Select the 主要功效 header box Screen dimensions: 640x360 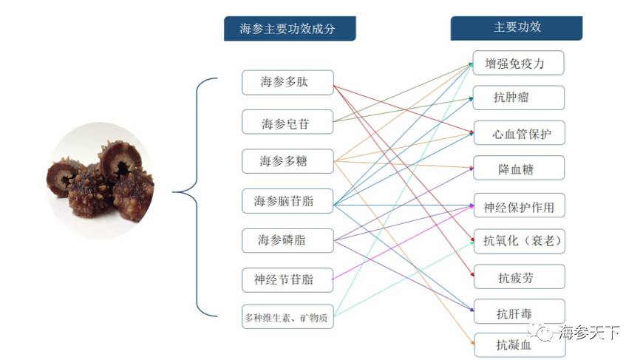pyautogui.click(x=517, y=28)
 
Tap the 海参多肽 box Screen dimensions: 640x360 pyautogui.click(x=287, y=82)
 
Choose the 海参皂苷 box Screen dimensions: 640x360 pyautogui.click(x=287, y=123)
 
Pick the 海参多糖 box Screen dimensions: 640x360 pyautogui.click(x=287, y=160)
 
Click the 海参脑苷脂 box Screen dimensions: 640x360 pyautogui.click(x=287, y=201)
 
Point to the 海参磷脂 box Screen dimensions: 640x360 pyautogui.click(x=287, y=240)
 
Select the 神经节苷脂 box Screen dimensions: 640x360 pyautogui.click(x=287, y=279)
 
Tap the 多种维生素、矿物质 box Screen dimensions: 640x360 pyautogui.click(x=287, y=318)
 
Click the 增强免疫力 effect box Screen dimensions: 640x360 pyautogui.click(x=519, y=63)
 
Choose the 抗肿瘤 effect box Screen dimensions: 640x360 pyautogui.click(x=519, y=98)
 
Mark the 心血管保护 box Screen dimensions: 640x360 pyautogui.click(x=519, y=134)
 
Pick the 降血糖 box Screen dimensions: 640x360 pyautogui.click(x=519, y=169)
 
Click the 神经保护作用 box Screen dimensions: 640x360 pyautogui.click(x=519, y=206)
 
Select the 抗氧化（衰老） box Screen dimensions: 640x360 pyautogui.click(x=519, y=241)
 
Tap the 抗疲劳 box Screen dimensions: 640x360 pyautogui.click(x=519, y=277)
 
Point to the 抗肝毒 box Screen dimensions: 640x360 pyautogui.click(x=519, y=312)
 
